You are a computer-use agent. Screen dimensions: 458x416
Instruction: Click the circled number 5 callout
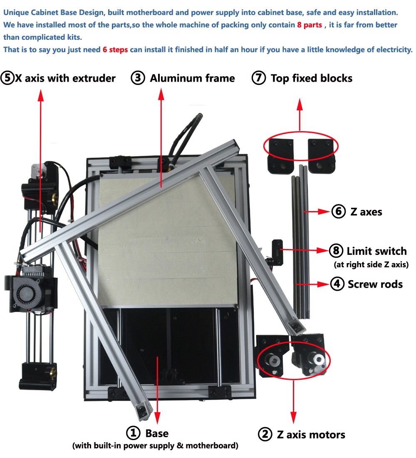tap(7, 78)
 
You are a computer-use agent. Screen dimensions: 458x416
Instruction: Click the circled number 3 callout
tap(138, 78)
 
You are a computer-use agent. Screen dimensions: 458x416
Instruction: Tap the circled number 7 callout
tap(259, 78)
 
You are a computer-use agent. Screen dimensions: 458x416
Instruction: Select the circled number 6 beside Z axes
tap(339, 212)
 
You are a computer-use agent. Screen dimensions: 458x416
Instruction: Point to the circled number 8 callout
tap(335, 251)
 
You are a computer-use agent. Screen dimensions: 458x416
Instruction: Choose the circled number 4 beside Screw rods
tap(337, 284)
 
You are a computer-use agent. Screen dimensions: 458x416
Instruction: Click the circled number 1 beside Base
tap(134, 433)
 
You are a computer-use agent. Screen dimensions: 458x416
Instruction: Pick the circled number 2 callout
tap(265, 434)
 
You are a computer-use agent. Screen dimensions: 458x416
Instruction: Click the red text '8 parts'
tap(310, 25)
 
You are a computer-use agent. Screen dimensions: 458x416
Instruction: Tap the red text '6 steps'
tap(115, 50)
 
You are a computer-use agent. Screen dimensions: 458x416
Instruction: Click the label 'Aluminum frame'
tap(192, 78)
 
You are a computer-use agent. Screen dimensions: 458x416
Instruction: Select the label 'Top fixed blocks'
tap(311, 78)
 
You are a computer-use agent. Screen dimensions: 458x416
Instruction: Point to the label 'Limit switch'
tap(376, 251)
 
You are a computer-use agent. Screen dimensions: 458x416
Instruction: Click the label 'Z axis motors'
tap(311, 435)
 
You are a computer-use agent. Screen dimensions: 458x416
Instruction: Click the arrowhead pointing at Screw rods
tap(324, 284)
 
